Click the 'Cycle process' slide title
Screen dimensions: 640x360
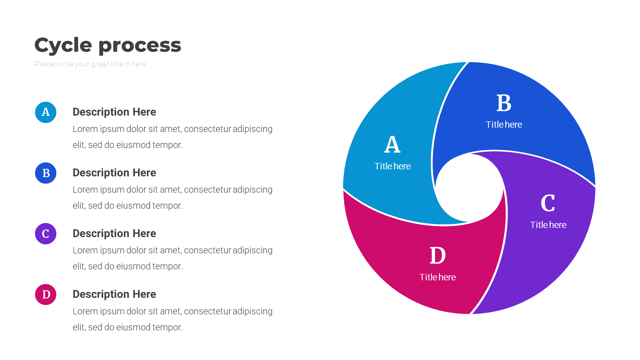[x=108, y=45]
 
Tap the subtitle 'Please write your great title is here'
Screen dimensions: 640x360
[x=90, y=64]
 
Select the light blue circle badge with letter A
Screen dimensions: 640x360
[x=46, y=112]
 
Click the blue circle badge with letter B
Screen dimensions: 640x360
[x=46, y=173]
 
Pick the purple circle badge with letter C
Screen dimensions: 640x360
[x=46, y=234]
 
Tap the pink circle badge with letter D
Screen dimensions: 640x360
[x=46, y=294]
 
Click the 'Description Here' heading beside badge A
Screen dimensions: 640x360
[x=114, y=112]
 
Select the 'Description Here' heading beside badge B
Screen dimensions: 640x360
[x=114, y=173]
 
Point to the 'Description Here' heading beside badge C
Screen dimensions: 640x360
[x=114, y=233]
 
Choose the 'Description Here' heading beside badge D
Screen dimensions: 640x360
[x=114, y=294]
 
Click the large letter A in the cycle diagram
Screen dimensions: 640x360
[x=392, y=144]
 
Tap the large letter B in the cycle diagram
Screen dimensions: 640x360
[x=504, y=103]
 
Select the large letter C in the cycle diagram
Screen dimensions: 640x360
[x=548, y=203]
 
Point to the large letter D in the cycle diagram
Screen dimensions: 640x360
[x=438, y=256]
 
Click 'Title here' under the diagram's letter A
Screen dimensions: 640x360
[x=392, y=166]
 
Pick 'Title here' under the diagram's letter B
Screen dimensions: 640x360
[x=504, y=124]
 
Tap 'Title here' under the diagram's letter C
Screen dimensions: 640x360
[x=548, y=225]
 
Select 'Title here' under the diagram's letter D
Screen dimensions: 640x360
[x=438, y=277]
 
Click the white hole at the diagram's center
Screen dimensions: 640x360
[x=469, y=188]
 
